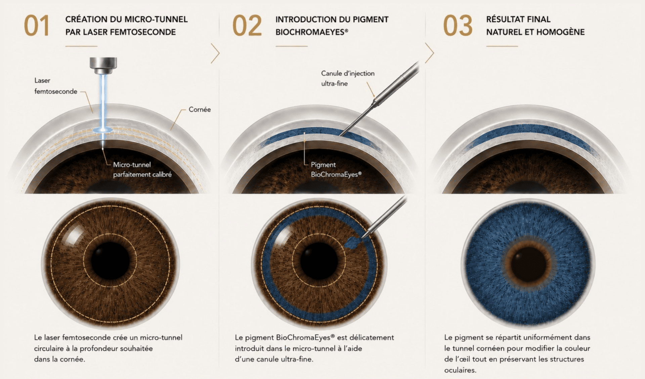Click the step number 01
(x=37, y=26)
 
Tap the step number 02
(x=247, y=26)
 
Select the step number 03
(x=458, y=26)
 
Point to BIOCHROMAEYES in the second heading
(x=310, y=32)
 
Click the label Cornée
(x=200, y=109)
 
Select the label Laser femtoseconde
(x=56, y=86)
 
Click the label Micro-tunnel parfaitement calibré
(x=142, y=169)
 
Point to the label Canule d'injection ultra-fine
(x=348, y=78)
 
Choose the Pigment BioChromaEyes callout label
(x=336, y=169)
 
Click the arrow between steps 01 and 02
(x=215, y=53)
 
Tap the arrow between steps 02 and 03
(x=429, y=53)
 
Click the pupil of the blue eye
(x=529, y=264)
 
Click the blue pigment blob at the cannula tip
(x=352, y=242)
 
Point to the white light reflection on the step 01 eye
(x=74, y=233)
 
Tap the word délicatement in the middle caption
(x=372, y=337)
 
